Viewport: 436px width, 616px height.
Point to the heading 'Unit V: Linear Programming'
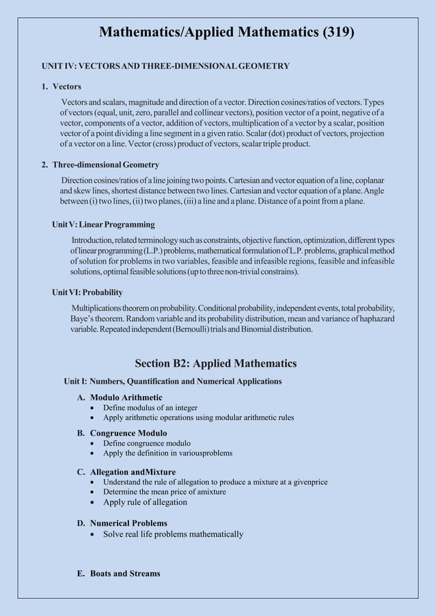[x=103, y=225]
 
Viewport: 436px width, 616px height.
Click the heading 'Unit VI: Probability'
[x=87, y=293]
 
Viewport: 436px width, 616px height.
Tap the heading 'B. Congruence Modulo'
[x=121, y=433]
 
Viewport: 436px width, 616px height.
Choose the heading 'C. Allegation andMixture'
[x=126, y=472]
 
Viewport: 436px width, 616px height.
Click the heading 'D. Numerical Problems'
[x=122, y=523]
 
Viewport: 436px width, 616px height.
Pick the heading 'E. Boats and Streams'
[x=118, y=573]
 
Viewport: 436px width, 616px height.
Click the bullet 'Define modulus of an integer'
[x=150, y=408]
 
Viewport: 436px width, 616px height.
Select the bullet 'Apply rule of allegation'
[x=145, y=502]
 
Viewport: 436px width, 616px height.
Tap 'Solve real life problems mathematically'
[x=173, y=534]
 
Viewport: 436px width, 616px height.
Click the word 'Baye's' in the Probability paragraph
[x=84, y=319]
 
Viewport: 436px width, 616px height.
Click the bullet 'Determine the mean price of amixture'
[x=164, y=492]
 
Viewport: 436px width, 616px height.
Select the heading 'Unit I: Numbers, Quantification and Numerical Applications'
[x=172, y=381]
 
